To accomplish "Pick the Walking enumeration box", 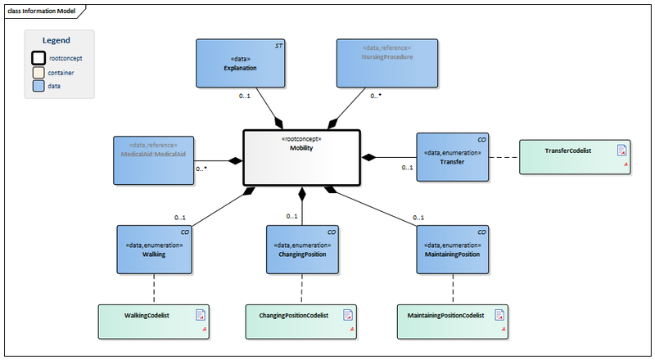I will point(154,249).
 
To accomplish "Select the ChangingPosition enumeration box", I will point(303,249).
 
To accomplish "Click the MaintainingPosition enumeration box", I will point(452,249).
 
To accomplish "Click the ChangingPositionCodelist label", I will point(293,314).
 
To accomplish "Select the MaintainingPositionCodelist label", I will point(445,314).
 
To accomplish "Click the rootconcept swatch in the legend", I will point(38,58).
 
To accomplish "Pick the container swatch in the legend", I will point(38,72).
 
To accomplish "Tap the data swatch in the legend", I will point(38,85).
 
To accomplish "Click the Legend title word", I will point(56,40).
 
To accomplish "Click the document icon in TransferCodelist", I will point(621,150).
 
